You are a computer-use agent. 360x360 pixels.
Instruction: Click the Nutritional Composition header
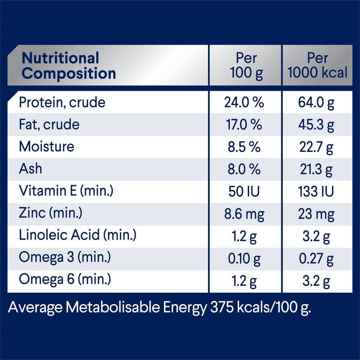click(69, 66)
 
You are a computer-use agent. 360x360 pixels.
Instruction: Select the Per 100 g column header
click(246, 66)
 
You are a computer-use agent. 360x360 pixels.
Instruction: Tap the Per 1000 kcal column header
click(318, 66)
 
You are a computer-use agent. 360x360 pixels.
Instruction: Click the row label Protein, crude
click(62, 103)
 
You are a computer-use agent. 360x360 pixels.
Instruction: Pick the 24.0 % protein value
click(244, 103)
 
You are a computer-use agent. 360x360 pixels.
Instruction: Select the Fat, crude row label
click(49, 125)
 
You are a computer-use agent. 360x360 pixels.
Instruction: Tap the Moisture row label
click(46, 147)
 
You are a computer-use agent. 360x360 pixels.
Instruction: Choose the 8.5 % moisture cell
click(244, 147)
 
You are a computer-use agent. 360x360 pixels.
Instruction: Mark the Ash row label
click(30, 168)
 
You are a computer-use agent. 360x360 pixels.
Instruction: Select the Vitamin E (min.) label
click(66, 191)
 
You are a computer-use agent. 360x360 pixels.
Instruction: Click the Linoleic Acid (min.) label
click(77, 235)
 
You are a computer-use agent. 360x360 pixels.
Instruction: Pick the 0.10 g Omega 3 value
click(244, 258)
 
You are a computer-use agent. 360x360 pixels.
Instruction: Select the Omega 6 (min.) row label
click(65, 279)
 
